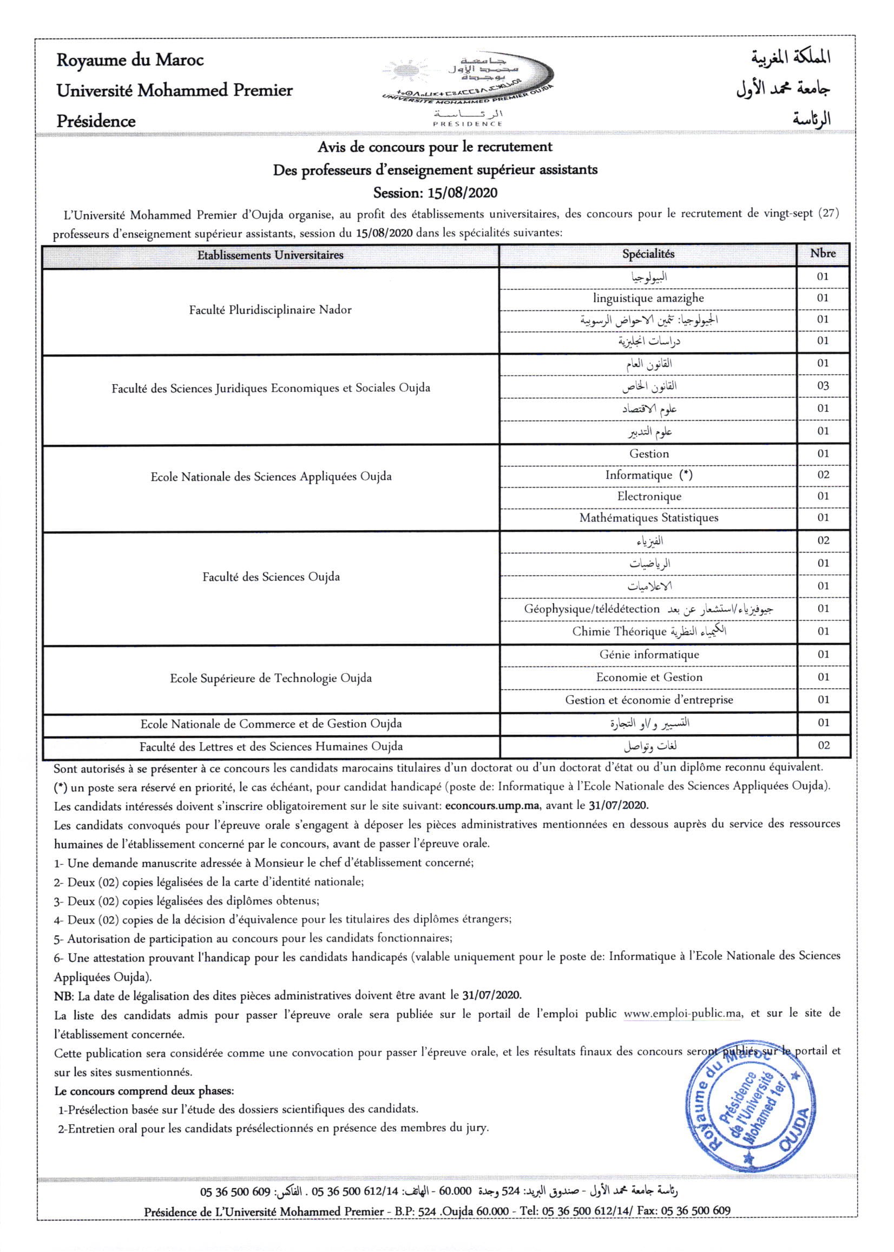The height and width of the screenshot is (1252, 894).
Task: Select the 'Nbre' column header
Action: (823, 254)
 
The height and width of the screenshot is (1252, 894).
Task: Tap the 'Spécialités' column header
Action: (648, 254)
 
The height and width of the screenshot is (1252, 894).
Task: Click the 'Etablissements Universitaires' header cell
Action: (269, 255)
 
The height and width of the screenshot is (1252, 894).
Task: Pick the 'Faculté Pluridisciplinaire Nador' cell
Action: (269, 310)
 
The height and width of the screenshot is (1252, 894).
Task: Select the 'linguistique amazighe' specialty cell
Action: (648, 298)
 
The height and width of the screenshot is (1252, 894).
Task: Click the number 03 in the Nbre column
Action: (823, 386)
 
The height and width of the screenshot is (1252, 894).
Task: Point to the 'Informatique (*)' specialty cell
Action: (648, 475)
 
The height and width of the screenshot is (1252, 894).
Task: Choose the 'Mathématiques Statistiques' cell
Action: (648, 518)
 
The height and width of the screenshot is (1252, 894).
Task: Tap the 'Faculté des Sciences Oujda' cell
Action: (271, 577)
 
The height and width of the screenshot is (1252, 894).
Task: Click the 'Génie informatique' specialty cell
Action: (649, 654)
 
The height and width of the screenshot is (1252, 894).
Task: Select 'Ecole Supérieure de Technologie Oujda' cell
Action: (270, 678)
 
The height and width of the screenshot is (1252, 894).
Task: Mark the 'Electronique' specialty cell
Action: (649, 496)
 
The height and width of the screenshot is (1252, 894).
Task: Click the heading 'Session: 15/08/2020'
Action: (435, 193)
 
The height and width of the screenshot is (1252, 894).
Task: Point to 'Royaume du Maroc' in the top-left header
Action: (130, 60)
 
